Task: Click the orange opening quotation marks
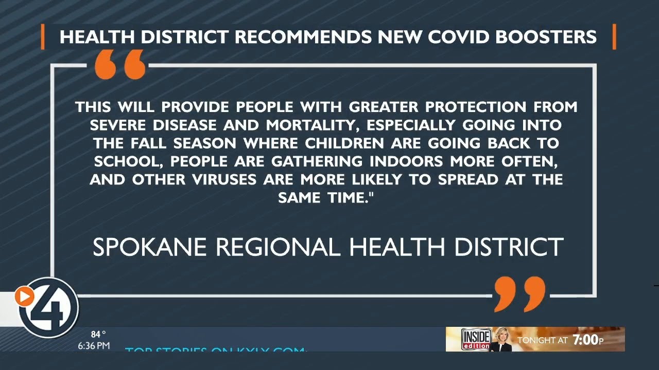click(x=120, y=65)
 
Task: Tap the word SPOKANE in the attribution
click(x=150, y=247)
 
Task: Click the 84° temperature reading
click(x=98, y=335)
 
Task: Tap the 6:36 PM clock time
click(x=94, y=346)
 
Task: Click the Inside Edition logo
click(x=476, y=339)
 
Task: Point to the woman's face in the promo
click(x=500, y=336)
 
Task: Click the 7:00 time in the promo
click(x=585, y=340)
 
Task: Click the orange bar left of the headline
click(x=43, y=37)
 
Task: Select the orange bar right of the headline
click(x=614, y=37)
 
